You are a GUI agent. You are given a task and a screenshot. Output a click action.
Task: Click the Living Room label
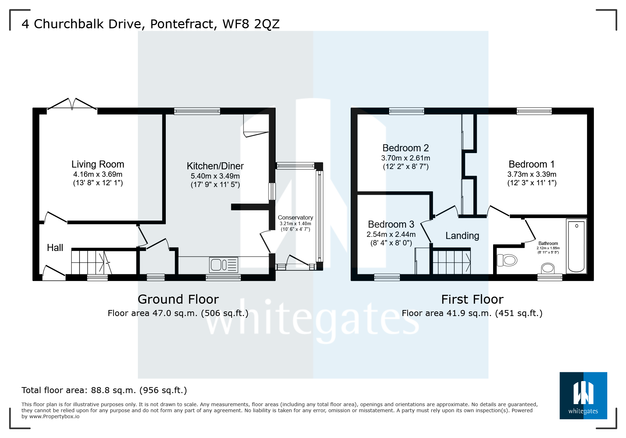(98, 164)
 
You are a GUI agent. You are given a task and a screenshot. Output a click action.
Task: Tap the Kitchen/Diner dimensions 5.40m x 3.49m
(215, 176)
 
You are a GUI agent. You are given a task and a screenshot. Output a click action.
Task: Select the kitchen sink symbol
(223, 265)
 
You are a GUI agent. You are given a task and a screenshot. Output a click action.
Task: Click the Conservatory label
(295, 217)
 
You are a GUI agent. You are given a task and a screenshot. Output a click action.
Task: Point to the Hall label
(55, 248)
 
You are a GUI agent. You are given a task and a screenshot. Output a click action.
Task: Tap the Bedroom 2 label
(405, 148)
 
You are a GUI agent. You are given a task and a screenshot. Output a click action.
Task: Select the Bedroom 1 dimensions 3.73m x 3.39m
(532, 174)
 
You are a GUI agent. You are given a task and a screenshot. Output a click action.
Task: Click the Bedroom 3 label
(391, 224)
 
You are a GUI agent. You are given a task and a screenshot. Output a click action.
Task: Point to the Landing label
(462, 236)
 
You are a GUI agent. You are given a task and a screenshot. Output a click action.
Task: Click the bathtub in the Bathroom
(576, 246)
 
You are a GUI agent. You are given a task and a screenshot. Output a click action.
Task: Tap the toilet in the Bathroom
(507, 261)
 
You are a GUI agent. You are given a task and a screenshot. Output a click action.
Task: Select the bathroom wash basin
(548, 268)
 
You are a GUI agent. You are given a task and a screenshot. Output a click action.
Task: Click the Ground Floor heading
(178, 299)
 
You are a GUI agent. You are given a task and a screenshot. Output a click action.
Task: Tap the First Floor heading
(472, 299)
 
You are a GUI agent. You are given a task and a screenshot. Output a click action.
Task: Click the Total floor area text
(104, 390)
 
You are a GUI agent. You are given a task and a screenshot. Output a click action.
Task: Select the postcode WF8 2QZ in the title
(251, 24)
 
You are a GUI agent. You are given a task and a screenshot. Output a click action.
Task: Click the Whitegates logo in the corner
(583, 396)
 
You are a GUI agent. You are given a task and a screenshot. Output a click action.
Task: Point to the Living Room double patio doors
(72, 105)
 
